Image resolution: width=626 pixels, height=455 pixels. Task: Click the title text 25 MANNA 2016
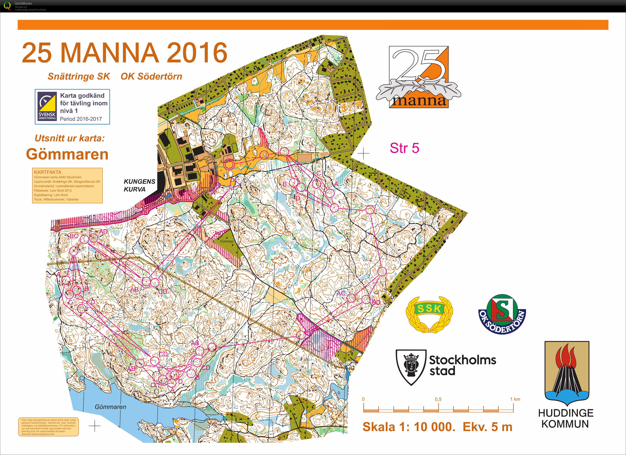[x=124, y=53]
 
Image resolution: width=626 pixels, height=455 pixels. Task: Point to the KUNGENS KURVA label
[x=139, y=185]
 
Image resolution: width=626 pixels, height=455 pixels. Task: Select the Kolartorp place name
[x=226, y=241]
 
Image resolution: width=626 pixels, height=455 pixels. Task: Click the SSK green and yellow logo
[x=429, y=314]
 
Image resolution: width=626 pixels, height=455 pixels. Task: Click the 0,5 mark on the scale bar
[x=438, y=399]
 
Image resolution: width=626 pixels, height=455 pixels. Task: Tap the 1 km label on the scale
[x=515, y=399]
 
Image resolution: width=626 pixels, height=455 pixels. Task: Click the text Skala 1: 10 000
[x=409, y=427]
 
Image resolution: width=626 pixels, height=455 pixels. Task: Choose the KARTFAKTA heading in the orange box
[x=47, y=172]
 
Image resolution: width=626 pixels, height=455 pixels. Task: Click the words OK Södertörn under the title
[x=151, y=76]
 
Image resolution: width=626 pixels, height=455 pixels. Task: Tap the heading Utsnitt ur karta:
[x=70, y=138]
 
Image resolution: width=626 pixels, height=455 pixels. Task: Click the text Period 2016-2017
[x=81, y=119]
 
